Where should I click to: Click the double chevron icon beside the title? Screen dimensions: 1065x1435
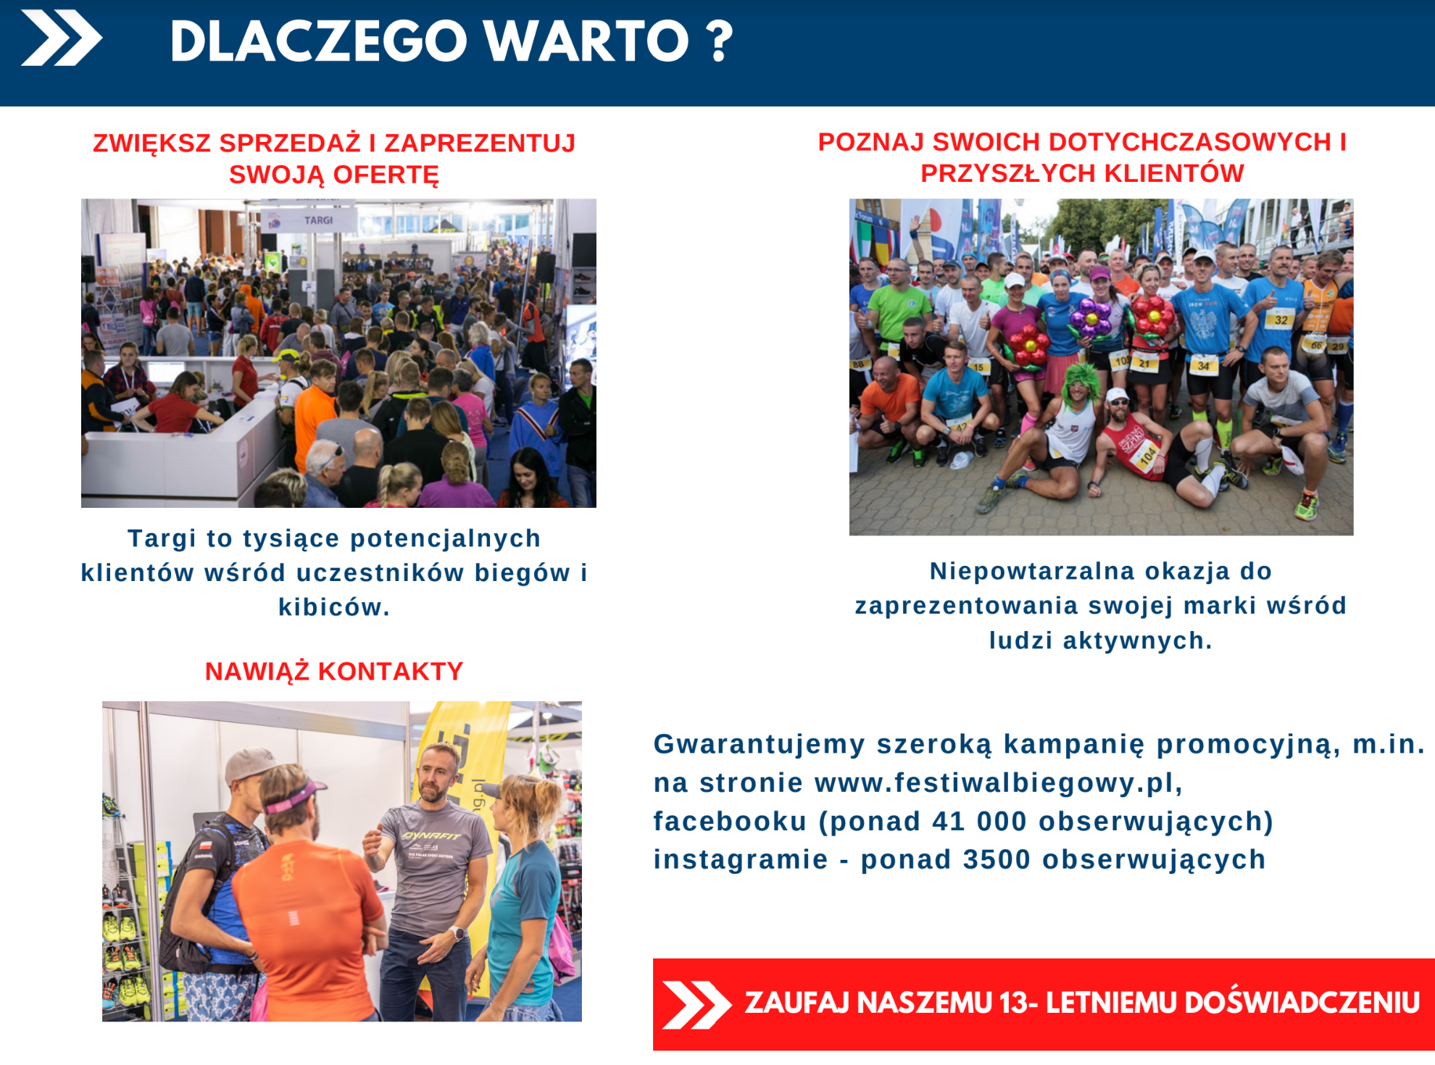(x=62, y=38)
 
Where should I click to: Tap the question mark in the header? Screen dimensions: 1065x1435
(x=719, y=42)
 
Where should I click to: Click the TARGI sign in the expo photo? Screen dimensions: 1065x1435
(x=318, y=220)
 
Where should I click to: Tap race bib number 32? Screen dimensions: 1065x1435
(x=1281, y=319)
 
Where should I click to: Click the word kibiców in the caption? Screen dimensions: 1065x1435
(x=334, y=607)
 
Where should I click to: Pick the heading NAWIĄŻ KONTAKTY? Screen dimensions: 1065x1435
(x=334, y=672)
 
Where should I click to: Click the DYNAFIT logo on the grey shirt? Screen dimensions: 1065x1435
(x=432, y=835)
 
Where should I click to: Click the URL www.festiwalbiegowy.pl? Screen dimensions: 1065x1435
(x=998, y=783)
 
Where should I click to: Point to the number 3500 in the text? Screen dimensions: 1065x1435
(x=997, y=860)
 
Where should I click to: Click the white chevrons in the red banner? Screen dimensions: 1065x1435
(x=696, y=1005)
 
